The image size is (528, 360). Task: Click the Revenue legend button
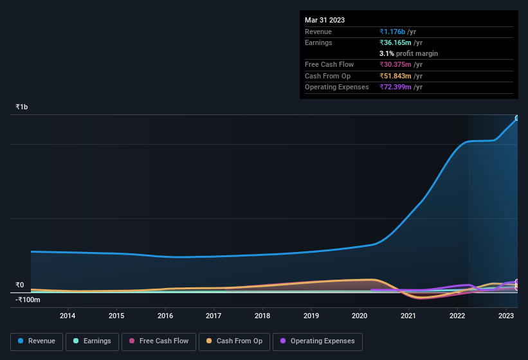click(37, 341)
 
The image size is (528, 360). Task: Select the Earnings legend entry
click(92, 341)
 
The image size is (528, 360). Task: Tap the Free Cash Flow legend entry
click(158, 341)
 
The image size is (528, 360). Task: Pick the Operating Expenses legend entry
click(317, 341)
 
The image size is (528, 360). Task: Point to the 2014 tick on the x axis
click(68, 316)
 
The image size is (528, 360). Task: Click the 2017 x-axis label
click(214, 316)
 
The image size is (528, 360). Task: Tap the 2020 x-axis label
click(360, 316)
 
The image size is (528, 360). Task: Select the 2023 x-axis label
click(506, 316)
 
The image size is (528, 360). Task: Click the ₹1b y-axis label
click(22, 107)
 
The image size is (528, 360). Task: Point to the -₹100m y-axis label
click(28, 300)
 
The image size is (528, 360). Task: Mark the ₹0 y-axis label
click(20, 285)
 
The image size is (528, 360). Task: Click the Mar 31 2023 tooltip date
click(325, 20)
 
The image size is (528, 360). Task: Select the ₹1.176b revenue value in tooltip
click(393, 32)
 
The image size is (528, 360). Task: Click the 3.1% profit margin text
click(408, 53)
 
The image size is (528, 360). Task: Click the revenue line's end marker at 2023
click(517, 118)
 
